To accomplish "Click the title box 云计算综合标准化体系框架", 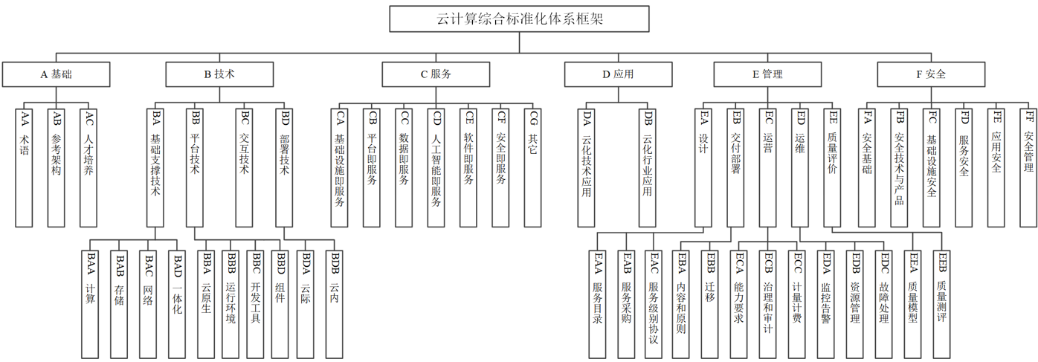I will pyautogui.click(x=520, y=19).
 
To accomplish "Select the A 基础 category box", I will pyautogui.click(x=57, y=74).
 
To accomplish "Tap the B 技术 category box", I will pyautogui.click(x=219, y=74).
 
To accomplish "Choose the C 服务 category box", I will pyautogui.click(x=436, y=74).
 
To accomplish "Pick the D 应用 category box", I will pyautogui.click(x=618, y=74).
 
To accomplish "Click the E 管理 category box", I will pyautogui.click(x=767, y=74).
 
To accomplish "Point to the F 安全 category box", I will pyautogui.click(x=931, y=74).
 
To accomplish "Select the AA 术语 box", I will pyautogui.click(x=25, y=167).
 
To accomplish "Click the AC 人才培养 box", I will pyautogui.click(x=88, y=167).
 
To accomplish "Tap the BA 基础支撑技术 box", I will pyautogui.click(x=155, y=167).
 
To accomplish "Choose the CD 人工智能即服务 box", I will pyautogui.click(x=436, y=167).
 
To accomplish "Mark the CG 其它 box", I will pyautogui.click(x=532, y=167).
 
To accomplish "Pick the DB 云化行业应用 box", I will pyautogui.click(x=648, y=167).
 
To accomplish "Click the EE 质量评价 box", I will pyautogui.click(x=832, y=167).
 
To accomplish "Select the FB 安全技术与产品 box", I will pyautogui.click(x=899, y=167).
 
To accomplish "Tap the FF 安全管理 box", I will pyautogui.click(x=1028, y=167).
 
